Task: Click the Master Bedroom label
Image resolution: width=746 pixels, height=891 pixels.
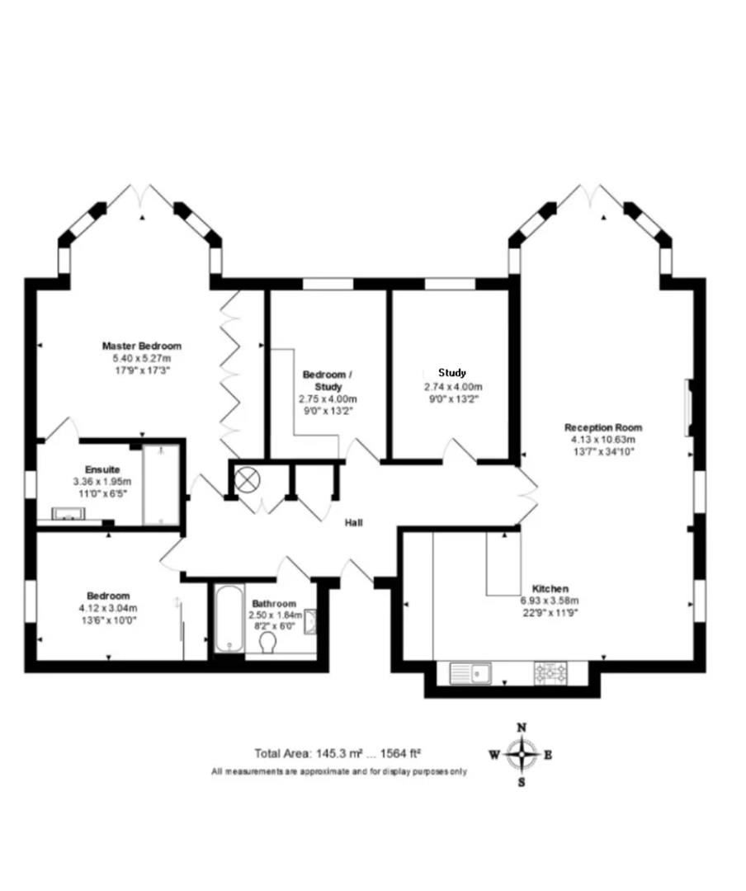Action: coord(141,346)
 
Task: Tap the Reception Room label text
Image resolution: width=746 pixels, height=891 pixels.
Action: coord(603,427)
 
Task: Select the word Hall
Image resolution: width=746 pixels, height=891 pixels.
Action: coord(354,522)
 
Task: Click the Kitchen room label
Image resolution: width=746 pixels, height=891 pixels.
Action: coord(550,588)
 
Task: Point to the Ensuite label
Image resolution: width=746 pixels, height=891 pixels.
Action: coord(102,469)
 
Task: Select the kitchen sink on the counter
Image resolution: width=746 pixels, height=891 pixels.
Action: coord(470,674)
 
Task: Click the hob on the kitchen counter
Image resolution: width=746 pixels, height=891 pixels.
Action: coord(550,673)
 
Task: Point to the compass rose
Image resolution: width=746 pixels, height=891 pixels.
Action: coord(522,753)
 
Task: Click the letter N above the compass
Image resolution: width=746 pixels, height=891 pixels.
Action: coord(522,728)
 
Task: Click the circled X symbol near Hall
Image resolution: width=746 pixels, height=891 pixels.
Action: coord(247,479)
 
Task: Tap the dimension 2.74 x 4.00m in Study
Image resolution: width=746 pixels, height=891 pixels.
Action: coord(453,387)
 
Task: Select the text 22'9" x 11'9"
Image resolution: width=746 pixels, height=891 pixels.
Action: coord(550,612)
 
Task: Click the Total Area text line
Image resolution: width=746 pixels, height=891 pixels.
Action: coord(338,753)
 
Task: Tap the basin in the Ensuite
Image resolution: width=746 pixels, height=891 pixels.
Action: coord(68,514)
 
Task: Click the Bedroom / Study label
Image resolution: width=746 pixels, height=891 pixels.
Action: coord(328,380)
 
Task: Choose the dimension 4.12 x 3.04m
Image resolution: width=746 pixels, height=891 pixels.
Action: coord(108,608)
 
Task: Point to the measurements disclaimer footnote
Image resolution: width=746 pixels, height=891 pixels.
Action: coord(338,771)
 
